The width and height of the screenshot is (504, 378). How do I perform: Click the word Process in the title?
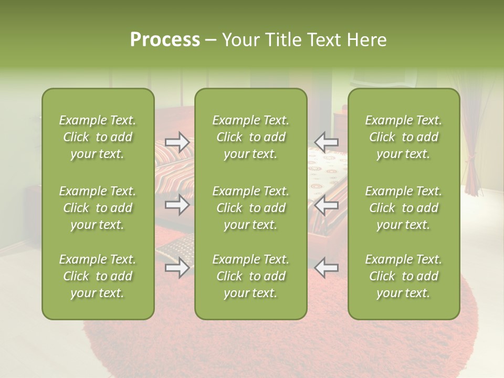coord(165,40)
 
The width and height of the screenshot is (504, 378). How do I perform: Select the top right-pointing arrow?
coord(177,142)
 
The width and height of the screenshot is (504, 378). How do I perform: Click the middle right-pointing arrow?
coord(177,205)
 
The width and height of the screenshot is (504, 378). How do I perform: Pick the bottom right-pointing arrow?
coord(177,268)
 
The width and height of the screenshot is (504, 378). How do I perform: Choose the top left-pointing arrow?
coord(327,142)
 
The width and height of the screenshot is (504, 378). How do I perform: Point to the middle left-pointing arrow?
coord(327,205)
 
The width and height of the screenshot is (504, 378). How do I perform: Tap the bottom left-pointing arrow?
coord(327,268)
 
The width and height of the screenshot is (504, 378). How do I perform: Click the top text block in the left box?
coord(98,137)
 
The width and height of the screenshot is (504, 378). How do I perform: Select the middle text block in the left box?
coord(98,208)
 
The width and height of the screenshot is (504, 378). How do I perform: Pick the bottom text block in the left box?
coord(98,276)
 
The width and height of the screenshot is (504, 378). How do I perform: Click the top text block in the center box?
coord(250,137)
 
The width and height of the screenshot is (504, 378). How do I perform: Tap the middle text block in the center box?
coord(250,208)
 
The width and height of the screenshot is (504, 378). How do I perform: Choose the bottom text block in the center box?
coord(250,276)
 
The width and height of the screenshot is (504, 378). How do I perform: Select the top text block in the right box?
coord(404,137)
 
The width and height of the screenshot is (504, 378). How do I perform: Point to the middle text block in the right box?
coord(404,208)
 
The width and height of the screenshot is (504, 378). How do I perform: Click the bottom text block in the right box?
coord(404,276)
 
